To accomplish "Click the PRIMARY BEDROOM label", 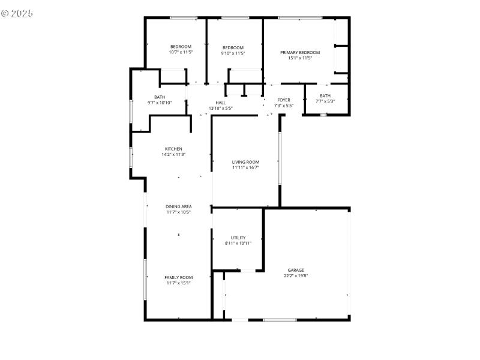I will (300, 53).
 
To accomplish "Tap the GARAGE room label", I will (295, 271).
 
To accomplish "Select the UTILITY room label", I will (238, 238).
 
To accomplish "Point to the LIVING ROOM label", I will (245, 162).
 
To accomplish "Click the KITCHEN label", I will (173, 149).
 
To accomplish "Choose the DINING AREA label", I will (179, 206).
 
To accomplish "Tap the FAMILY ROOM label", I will (179, 277).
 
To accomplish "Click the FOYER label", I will (284, 100).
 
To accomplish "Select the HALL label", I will (220, 103).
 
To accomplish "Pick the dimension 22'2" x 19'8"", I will (295, 276).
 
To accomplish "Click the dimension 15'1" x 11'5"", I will (300, 58).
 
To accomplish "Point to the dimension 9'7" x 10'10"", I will (160, 103).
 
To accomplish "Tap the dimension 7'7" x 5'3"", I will (325, 101).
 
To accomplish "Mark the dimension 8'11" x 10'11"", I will (238, 243).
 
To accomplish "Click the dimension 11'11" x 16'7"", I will (245, 167).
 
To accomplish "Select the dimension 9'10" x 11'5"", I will (233, 53).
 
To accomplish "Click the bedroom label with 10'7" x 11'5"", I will (181, 47).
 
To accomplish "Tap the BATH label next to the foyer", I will (325, 95).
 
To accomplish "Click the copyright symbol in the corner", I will (5, 12).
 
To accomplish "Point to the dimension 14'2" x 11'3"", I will (173, 154).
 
